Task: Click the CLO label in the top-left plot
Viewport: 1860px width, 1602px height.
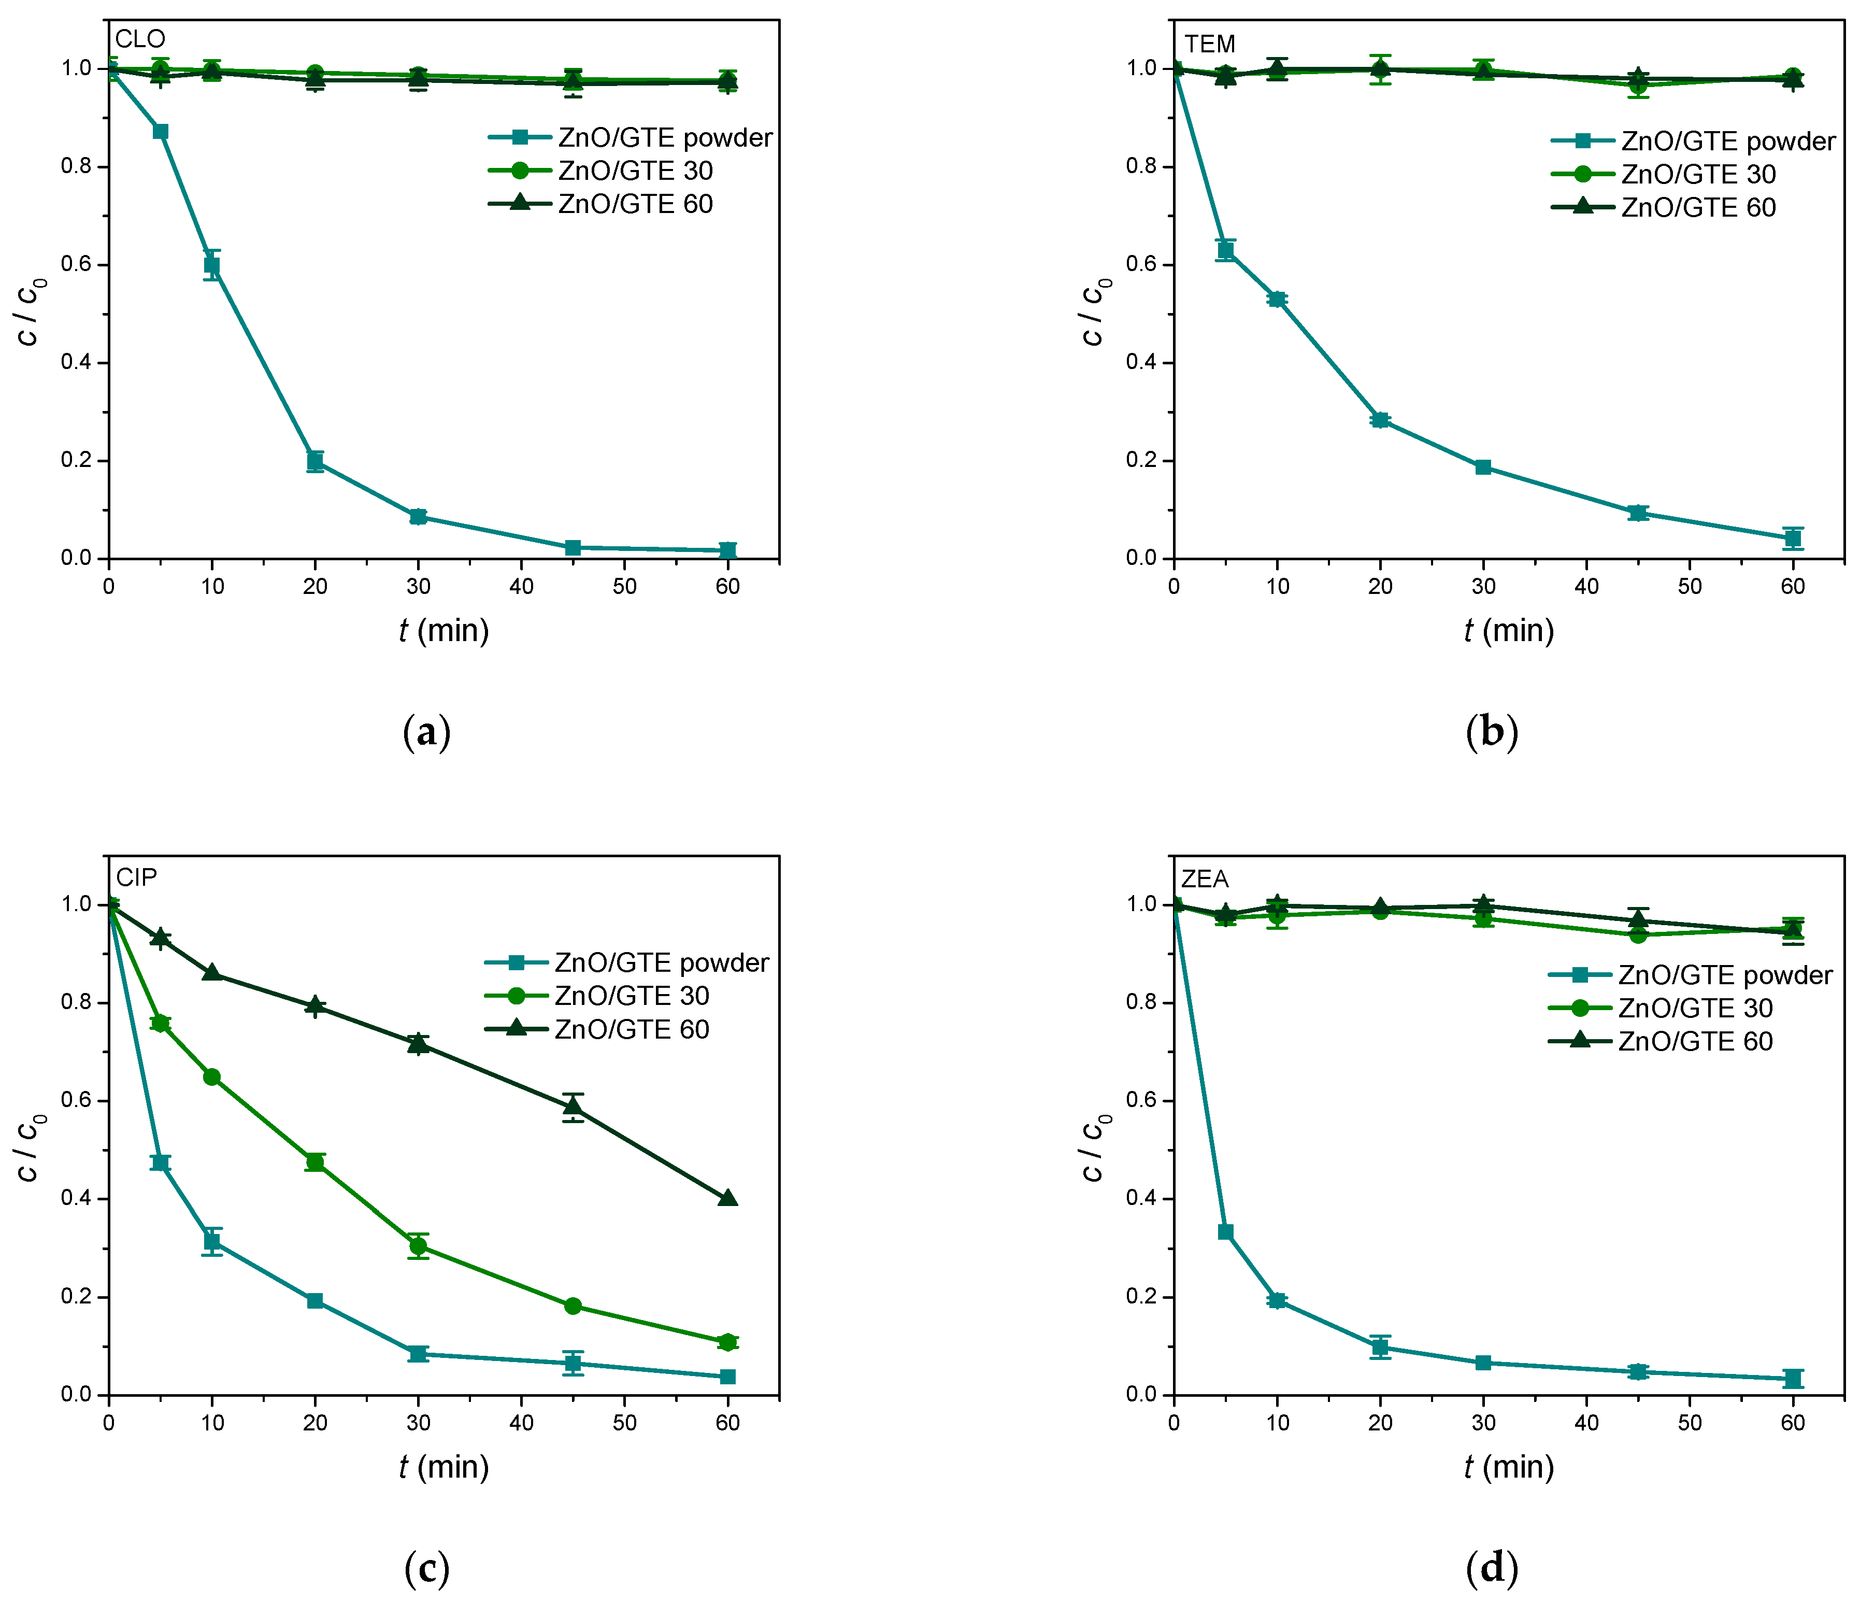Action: [140, 39]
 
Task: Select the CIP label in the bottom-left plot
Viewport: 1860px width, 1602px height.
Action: [136, 877]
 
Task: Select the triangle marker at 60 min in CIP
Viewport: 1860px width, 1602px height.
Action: [728, 1198]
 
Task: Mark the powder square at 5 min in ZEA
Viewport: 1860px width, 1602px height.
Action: [1225, 1232]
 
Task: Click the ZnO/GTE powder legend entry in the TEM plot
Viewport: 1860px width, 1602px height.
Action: [1727, 141]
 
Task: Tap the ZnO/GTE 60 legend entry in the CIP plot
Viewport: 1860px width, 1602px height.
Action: [631, 1029]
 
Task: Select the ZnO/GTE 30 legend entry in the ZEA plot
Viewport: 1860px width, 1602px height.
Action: [1695, 1008]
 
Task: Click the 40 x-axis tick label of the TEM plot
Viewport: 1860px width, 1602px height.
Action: [1586, 586]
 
